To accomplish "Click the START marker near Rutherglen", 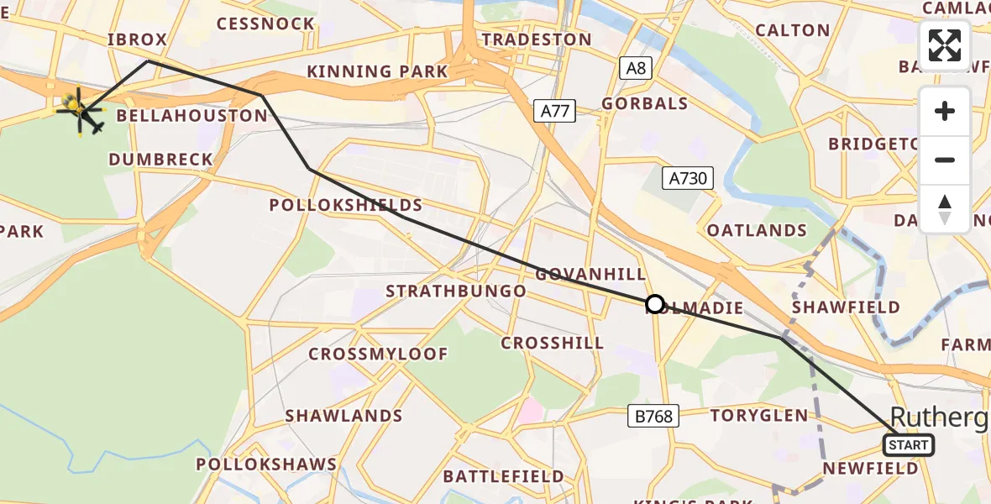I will point(909,445).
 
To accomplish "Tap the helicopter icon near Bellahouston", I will point(77,109).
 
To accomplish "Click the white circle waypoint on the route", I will point(655,304).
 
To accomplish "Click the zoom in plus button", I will point(945,111).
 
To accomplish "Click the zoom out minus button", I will point(945,160).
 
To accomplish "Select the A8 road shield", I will point(636,68).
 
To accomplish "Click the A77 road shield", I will point(554,109).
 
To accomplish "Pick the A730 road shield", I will point(687,178).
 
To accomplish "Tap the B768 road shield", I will point(653,416).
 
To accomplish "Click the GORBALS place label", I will point(644,104).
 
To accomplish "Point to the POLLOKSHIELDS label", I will point(345,206).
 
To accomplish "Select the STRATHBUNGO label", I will point(455,291).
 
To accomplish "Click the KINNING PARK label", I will point(377,71).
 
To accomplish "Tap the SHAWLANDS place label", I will point(343,416).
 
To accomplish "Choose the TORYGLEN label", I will point(759,415).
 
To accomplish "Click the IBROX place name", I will point(138,39).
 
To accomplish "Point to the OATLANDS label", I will point(757,230).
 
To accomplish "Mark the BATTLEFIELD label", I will point(503,476).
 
